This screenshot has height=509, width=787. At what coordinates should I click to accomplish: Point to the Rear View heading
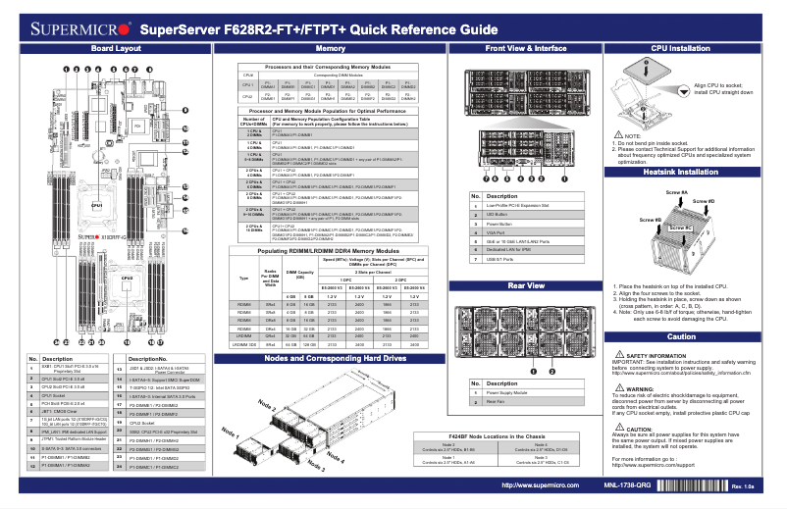click(x=526, y=285)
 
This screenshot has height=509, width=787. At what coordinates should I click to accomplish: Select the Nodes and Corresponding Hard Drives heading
click(x=330, y=359)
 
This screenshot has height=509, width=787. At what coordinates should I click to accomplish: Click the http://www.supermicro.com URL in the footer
click(x=537, y=485)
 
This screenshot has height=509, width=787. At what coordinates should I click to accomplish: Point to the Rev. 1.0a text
click(x=743, y=487)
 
